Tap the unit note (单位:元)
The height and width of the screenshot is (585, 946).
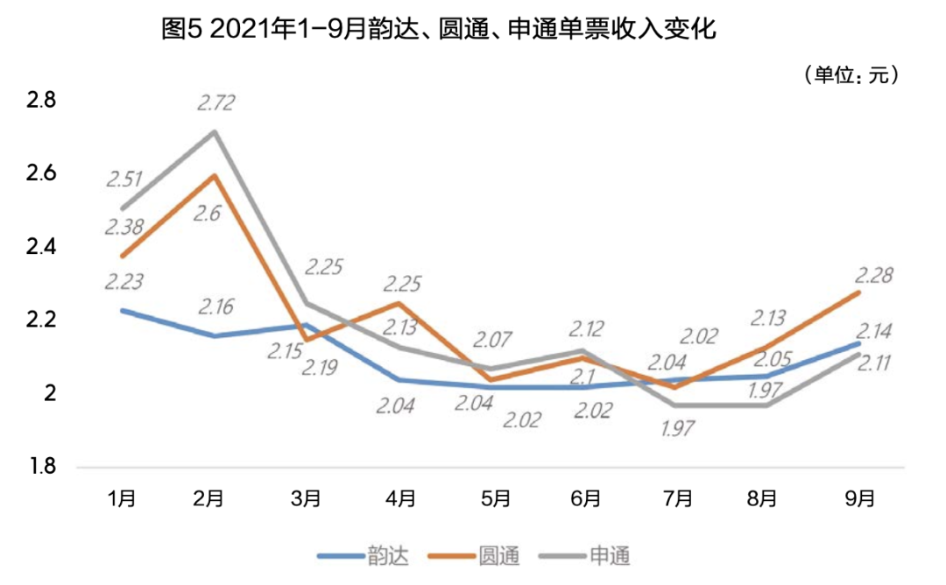[851, 75]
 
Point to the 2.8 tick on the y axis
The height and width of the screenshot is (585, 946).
[41, 101]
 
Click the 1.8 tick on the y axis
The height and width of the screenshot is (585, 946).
[41, 467]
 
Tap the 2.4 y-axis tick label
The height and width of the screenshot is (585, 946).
[41, 247]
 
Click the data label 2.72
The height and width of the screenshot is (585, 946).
[215, 103]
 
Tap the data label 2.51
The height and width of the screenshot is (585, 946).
[124, 180]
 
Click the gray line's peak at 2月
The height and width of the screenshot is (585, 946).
[215, 131]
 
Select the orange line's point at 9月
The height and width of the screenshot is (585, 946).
[859, 292]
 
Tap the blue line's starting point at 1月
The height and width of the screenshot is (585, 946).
[122, 310]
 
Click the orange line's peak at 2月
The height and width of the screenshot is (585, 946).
[215, 175]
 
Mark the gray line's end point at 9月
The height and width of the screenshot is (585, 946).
[859, 354]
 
